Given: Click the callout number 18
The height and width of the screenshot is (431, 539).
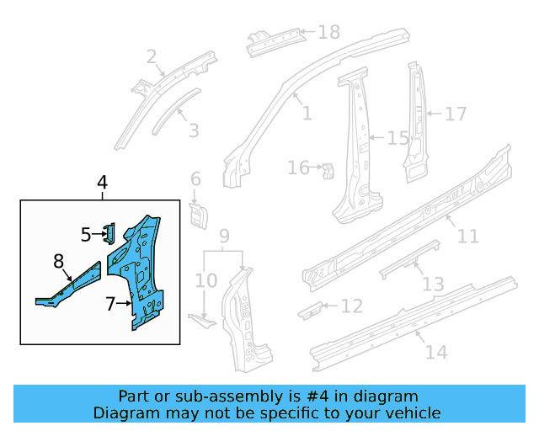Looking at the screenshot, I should [x=328, y=32].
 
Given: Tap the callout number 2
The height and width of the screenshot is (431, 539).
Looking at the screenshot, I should [x=152, y=56].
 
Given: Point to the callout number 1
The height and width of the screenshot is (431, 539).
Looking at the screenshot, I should [x=306, y=113].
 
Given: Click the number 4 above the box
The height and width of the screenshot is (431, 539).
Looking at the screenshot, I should [x=102, y=183].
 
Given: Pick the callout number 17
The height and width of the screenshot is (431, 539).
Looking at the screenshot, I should [x=455, y=113].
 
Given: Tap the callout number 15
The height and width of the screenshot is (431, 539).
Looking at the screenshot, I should [x=397, y=138].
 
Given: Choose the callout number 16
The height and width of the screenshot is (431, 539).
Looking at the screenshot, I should [x=298, y=168].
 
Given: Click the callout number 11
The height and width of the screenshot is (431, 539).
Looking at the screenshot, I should [x=467, y=237].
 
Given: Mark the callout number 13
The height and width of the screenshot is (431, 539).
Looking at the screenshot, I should [x=433, y=285].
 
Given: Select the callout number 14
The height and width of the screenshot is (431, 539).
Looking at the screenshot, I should [x=436, y=351].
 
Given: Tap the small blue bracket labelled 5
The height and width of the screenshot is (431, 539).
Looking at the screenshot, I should [x=109, y=233].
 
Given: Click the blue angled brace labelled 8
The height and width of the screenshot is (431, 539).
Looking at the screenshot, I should [x=72, y=284].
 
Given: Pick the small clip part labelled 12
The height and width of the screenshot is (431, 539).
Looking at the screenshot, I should [x=310, y=309].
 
